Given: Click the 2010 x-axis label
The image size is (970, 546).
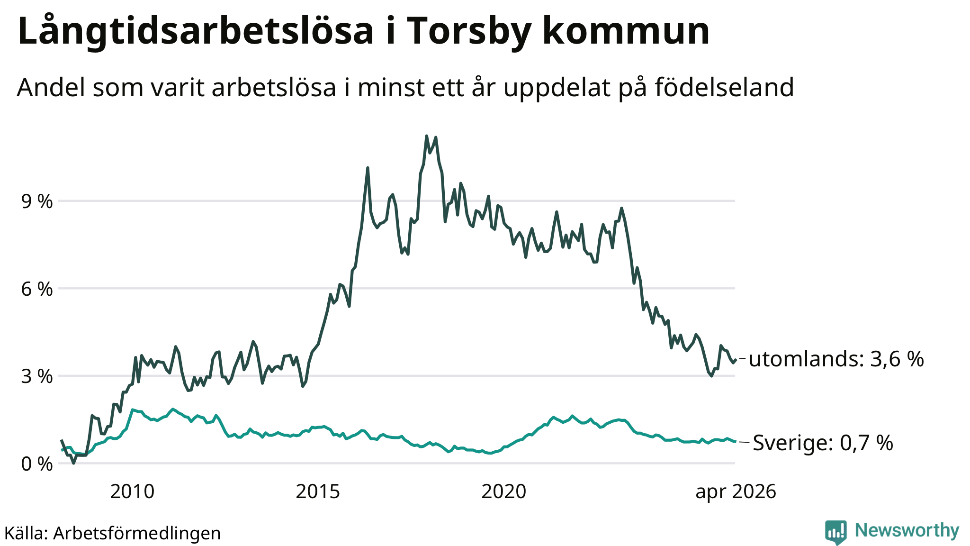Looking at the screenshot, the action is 132,491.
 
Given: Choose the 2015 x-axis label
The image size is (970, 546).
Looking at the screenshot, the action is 318,491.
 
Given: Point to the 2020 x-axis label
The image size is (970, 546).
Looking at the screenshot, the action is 503,491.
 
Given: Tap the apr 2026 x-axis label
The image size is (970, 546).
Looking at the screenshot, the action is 736,491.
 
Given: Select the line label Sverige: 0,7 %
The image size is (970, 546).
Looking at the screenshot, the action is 823,443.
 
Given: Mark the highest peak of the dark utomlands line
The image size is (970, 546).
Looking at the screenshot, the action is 427,136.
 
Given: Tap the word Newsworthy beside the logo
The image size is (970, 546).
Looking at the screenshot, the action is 907,530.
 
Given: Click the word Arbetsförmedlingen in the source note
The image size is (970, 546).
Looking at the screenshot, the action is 137,533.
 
